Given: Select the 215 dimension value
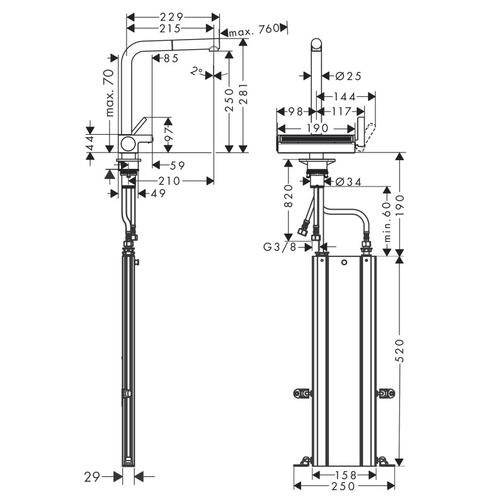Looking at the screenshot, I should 170,28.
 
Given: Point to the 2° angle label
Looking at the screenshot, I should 197,72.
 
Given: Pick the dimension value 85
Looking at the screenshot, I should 170,59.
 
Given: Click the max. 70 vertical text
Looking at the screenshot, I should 109,93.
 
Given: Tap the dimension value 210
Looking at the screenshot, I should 169,181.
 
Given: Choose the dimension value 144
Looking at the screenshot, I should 346,96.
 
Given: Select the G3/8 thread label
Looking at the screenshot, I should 281,246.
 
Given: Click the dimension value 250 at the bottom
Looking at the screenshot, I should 345,486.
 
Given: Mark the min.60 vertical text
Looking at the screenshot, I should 388,220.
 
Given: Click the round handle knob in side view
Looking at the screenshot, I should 129,142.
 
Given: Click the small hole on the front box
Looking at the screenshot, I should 345,261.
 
